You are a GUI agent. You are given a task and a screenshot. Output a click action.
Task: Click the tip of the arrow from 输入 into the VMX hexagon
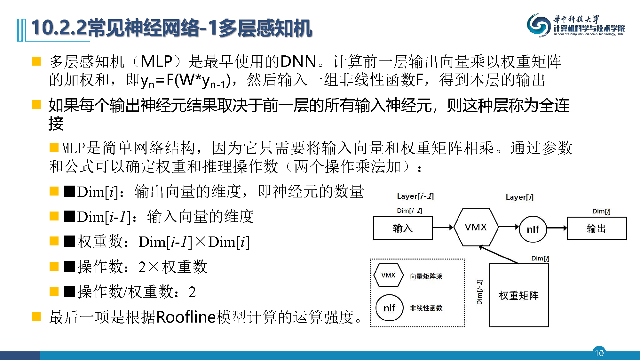[x=454, y=228]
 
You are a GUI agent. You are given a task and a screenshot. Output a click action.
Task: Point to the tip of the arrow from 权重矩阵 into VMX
[x=479, y=246]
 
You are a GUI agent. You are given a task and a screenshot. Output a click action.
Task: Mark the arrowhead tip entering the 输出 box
[x=567, y=228]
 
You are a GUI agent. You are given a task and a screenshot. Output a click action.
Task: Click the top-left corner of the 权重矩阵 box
[x=490, y=264]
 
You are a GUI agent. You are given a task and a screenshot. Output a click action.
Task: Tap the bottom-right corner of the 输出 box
[x=626, y=239]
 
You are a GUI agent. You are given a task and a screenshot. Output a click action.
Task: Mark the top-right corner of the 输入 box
[x=432, y=217]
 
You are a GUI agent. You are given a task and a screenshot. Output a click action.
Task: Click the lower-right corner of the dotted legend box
[x=464, y=327]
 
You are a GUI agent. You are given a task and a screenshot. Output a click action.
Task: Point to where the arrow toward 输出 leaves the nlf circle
[x=547, y=228]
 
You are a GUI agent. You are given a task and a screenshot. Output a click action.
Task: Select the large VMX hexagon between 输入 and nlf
[x=476, y=227]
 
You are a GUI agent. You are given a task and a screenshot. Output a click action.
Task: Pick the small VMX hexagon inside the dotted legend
[x=388, y=275]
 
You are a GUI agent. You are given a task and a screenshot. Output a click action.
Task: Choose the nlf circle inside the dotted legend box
[x=389, y=308]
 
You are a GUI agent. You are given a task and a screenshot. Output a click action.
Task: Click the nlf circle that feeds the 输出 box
[x=533, y=229]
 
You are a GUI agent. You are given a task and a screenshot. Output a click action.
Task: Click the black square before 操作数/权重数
[x=69, y=292]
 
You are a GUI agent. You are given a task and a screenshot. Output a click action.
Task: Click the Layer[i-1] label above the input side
[x=415, y=196]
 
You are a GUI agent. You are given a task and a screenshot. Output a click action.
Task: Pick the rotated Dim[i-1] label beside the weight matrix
[x=479, y=292]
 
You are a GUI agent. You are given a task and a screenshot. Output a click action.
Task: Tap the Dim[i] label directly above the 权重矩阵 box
[x=540, y=258]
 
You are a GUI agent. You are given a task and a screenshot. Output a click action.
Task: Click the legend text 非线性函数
[x=426, y=308]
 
